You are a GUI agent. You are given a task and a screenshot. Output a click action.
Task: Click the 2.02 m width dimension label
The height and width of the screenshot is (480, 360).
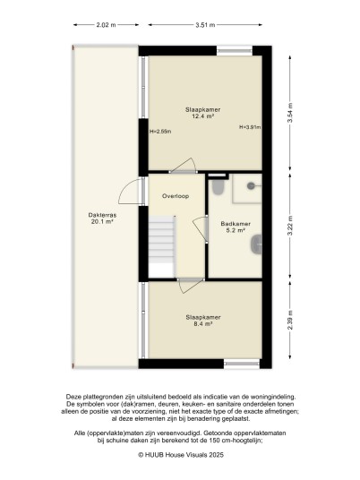(106, 25)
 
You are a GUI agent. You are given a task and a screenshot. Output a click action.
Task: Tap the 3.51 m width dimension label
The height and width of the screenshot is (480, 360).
(205, 25)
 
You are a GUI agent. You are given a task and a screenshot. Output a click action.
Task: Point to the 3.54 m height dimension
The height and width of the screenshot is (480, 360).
(289, 113)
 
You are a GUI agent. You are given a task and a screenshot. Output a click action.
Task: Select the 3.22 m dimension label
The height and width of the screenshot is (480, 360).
(289, 226)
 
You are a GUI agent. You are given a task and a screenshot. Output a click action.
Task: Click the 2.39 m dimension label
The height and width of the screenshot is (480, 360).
(289, 320)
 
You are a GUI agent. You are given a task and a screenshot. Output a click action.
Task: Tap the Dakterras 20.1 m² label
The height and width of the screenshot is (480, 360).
(102, 219)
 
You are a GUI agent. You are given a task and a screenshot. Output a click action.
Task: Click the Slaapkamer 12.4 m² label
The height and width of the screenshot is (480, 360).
(202, 113)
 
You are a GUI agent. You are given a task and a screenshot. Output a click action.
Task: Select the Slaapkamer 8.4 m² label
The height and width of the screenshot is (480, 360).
(203, 321)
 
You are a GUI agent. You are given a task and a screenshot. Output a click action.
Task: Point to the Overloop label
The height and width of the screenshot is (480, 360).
(176, 196)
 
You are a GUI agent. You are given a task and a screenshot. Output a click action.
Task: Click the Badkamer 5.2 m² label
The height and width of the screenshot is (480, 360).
(236, 227)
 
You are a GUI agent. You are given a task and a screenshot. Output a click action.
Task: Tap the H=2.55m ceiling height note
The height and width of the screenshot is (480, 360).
(160, 132)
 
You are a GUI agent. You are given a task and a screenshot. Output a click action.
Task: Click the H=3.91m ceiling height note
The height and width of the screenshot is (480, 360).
(250, 127)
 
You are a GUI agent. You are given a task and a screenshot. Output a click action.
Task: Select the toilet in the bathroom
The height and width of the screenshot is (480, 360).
(219, 187)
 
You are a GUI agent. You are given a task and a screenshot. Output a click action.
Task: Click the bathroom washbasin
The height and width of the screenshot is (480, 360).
(256, 244)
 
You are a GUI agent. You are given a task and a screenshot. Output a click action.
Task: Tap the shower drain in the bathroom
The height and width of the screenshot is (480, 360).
(251, 185)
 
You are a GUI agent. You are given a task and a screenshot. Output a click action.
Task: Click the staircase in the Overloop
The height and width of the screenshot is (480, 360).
(162, 247)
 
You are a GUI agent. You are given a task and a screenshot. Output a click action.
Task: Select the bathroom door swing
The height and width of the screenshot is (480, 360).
(201, 229)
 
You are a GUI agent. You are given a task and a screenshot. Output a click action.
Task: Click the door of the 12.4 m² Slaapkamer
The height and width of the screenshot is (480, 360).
(183, 166)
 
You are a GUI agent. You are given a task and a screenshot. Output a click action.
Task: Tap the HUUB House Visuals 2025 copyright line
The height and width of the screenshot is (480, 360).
(181, 455)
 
